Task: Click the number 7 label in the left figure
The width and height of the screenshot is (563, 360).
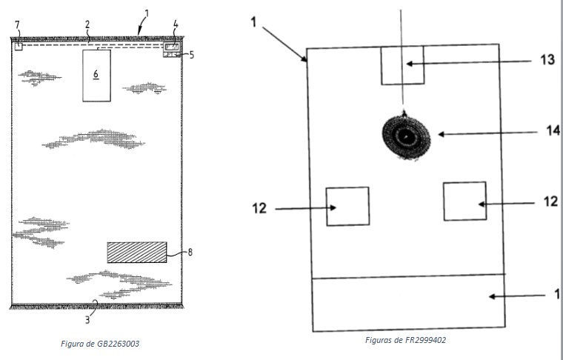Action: [x=17, y=25]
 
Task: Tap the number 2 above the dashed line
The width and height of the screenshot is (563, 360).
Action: [x=87, y=24]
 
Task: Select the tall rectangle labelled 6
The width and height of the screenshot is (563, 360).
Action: [x=96, y=75]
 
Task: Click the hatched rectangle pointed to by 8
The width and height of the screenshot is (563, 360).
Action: [x=136, y=252]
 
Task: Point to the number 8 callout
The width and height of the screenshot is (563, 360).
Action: [x=190, y=252]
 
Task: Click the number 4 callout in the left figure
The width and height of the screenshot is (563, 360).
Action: [x=175, y=24]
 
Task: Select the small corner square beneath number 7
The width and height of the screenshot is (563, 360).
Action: [x=19, y=46]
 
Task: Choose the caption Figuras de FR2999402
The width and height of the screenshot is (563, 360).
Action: [x=405, y=340]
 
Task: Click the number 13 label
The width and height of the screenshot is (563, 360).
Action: [x=547, y=61]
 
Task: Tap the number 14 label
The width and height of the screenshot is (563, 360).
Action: [x=552, y=131]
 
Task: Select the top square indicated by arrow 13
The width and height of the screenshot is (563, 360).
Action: [x=402, y=65]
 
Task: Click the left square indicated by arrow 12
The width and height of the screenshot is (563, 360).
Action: [x=347, y=206]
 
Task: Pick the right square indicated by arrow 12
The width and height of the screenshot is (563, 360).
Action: [x=464, y=201]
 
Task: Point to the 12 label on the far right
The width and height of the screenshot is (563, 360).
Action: [x=550, y=201]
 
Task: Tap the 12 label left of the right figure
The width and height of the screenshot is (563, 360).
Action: [x=259, y=208]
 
